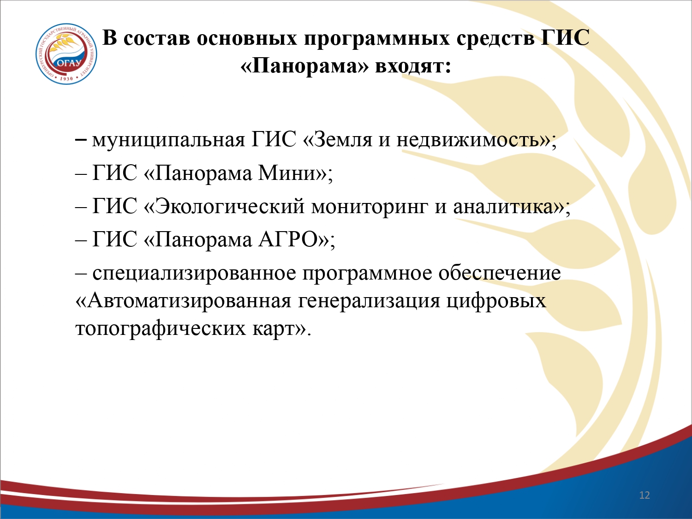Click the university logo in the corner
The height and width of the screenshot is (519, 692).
coord(66,54)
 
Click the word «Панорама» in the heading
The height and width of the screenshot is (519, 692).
coord(304,66)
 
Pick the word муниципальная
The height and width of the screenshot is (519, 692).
coord(168,140)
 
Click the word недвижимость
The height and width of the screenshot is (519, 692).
coord(467,139)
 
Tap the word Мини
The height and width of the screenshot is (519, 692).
coord(287,173)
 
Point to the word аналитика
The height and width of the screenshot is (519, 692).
coord(504,207)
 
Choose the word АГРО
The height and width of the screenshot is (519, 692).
coord(288,239)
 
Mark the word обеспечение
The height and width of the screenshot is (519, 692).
coord(499,273)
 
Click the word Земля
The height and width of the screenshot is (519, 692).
coord(343,139)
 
